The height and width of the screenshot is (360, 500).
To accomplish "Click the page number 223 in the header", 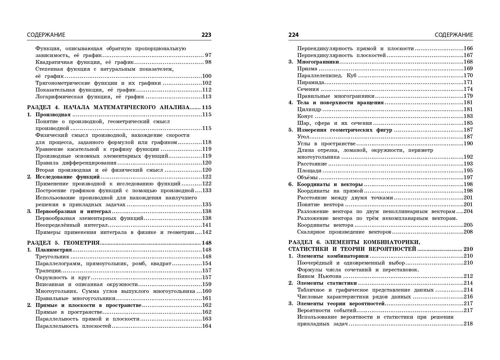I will point(206,35).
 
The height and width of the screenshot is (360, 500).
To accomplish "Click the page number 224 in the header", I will point(293,35).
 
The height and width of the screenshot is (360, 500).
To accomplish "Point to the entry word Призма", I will point(307,69).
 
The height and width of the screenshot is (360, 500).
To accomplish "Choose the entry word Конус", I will point(305,116).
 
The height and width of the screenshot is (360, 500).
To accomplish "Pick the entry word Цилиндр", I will point(309,109).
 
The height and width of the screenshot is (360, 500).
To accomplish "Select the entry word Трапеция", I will point(48,271).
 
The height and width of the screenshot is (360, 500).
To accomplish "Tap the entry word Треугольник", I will point(52,257).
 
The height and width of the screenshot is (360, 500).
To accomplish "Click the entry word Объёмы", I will point(307,178).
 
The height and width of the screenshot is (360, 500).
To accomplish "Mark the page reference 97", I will point(208,55).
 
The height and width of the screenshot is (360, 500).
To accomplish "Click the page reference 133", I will point(207,191).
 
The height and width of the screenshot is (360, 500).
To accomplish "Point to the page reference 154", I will point(207,264).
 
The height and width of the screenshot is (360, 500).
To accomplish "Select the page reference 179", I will point(468,96).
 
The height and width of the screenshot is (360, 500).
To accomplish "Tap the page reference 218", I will point(468,324).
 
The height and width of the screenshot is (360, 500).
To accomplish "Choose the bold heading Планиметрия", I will point(53,250).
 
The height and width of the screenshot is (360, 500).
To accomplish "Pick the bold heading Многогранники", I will point(318,62).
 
